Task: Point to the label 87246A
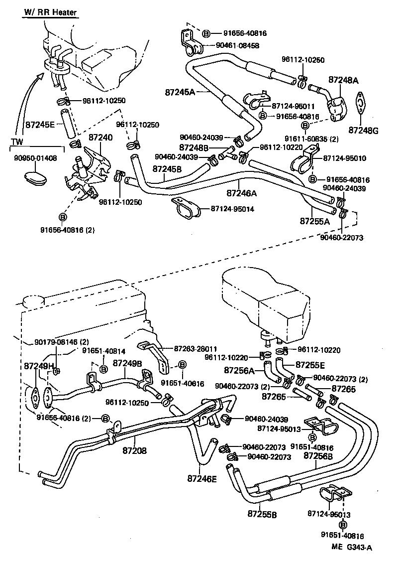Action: pyautogui.click(x=242, y=192)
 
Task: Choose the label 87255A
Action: pyautogui.click(x=314, y=220)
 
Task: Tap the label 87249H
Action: pyautogui.click(x=39, y=366)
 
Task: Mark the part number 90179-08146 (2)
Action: pyautogui.click(x=62, y=342)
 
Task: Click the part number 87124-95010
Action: pyautogui.click(x=344, y=158)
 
